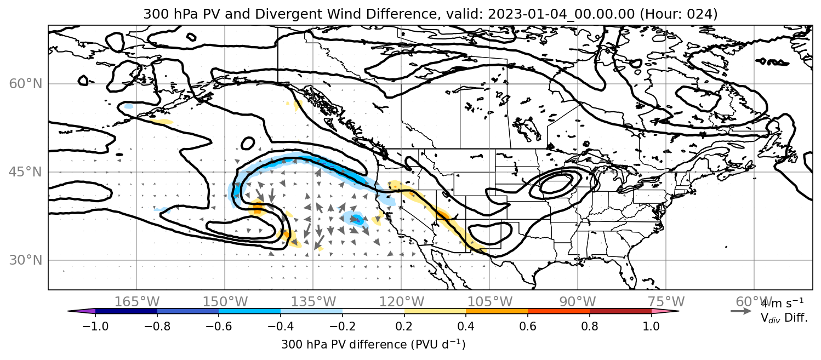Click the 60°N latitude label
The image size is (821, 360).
26,84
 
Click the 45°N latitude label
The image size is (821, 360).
26,172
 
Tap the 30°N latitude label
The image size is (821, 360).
26,260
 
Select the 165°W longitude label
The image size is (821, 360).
136,302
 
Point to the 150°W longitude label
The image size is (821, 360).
225,302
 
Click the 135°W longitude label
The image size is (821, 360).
313,302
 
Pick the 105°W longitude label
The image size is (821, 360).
489,302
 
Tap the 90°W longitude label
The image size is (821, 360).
578,302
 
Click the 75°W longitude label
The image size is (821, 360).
666,302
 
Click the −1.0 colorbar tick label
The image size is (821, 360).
95,326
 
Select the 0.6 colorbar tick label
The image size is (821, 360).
528,326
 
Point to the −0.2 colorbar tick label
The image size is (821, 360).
343,326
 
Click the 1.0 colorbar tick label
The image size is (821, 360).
651,326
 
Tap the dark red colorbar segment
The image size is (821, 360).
620,311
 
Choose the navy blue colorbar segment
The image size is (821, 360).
126,311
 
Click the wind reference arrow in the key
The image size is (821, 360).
741,311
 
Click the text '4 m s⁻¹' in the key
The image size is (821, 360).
782,304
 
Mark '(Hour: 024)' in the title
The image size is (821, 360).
679,14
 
